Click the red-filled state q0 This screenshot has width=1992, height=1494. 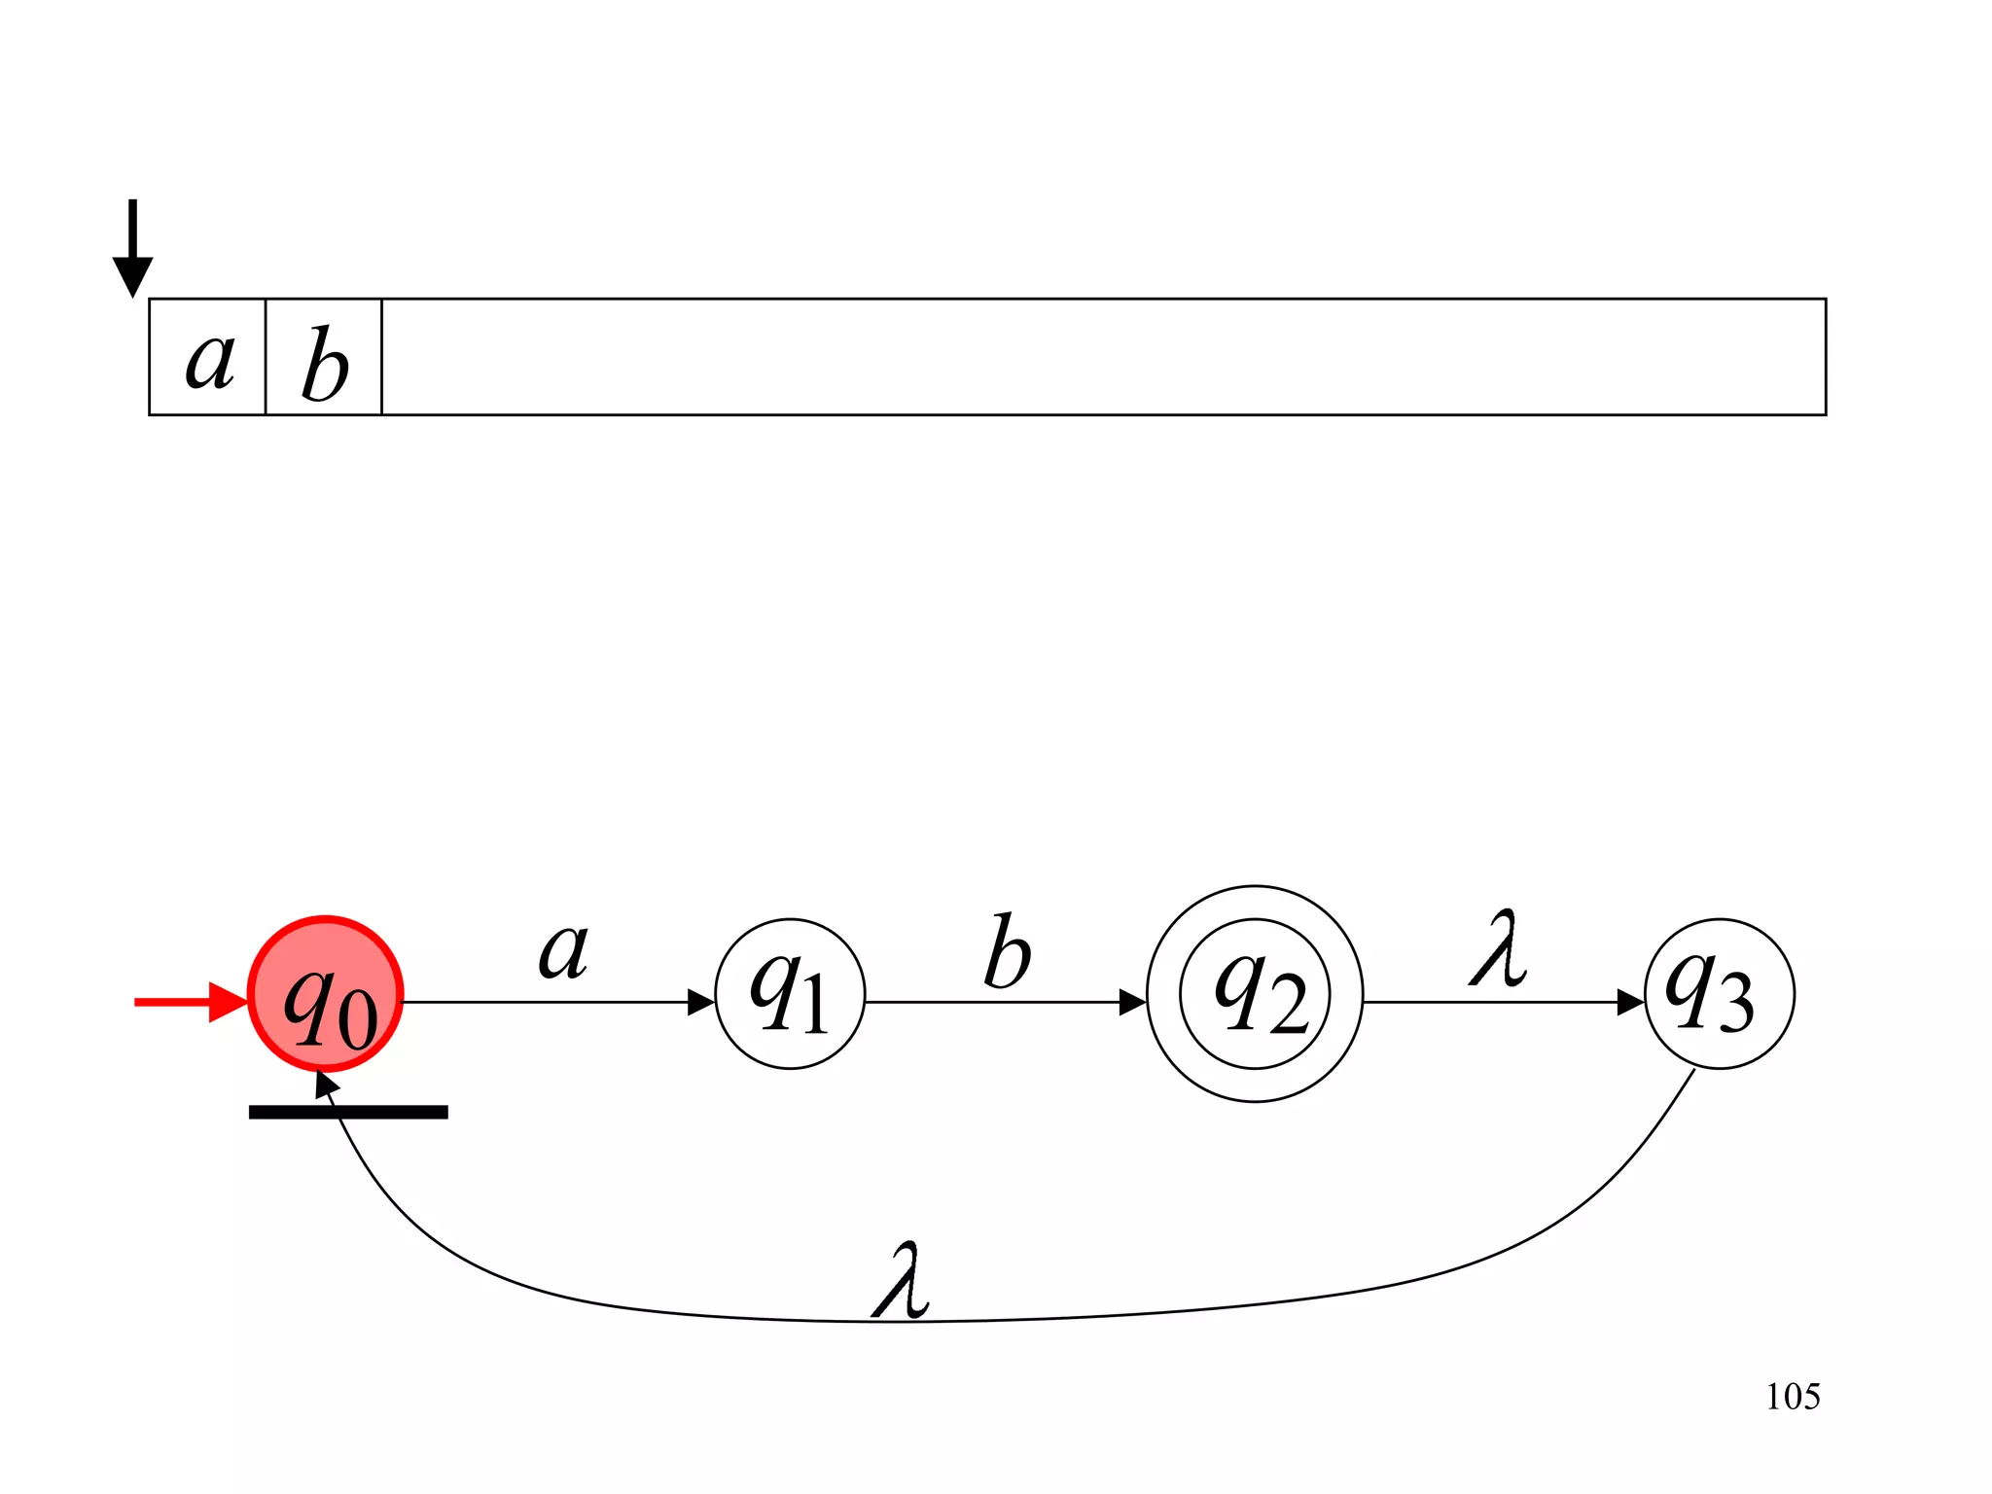pyautogui.click(x=326, y=994)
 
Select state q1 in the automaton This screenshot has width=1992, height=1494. pyautogui.click(x=790, y=994)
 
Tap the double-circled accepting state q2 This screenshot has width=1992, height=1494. pyautogui.click(x=1255, y=994)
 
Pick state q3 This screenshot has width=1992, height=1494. pyautogui.click(x=1719, y=994)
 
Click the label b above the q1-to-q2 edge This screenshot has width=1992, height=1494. pyautogui.click(x=1007, y=953)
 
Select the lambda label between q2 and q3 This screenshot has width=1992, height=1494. pyautogui.click(x=1498, y=949)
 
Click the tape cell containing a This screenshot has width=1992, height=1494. pyautogui.click(x=208, y=358)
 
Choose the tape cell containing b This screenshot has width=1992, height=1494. pyautogui.click(x=324, y=358)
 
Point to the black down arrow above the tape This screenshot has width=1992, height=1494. pyautogui.click(x=132, y=249)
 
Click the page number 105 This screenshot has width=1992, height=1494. pyautogui.click(x=1793, y=1397)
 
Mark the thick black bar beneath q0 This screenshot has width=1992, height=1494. pyautogui.click(x=348, y=1112)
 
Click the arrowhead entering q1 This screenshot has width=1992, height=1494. pyautogui.click(x=701, y=1002)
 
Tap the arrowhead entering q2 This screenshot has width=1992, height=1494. pyautogui.click(x=1133, y=1002)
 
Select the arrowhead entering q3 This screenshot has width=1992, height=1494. pyautogui.click(x=1630, y=1002)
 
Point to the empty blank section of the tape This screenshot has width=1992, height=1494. pyautogui.click(x=1104, y=358)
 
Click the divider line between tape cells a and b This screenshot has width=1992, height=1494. pyautogui.click(x=266, y=358)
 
